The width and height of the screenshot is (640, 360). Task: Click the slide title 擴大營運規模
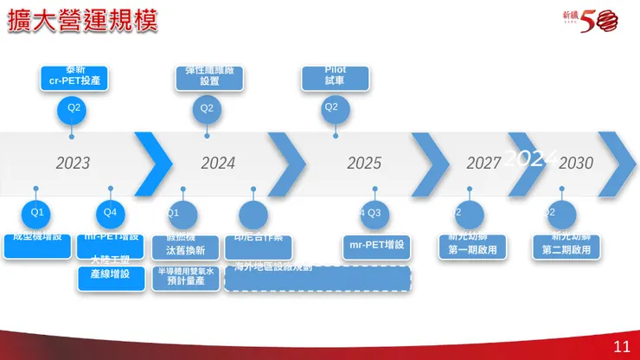pos(82,22)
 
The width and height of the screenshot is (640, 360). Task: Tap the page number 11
pos(621,347)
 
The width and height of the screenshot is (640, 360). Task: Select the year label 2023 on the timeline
pos(73,163)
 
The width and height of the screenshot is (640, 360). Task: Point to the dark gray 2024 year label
pos(218,163)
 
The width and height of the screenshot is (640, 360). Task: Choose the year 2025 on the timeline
pos(364,163)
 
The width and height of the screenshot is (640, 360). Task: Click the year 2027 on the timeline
pos(483,163)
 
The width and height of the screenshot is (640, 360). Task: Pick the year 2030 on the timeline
pos(576,163)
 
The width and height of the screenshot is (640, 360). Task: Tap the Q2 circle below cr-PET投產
pos(74,108)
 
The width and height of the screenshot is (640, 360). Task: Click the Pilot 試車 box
pos(335,77)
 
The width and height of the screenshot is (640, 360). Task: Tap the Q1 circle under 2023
pos(36,212)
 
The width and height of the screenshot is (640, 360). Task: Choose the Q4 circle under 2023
pos(109,212)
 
